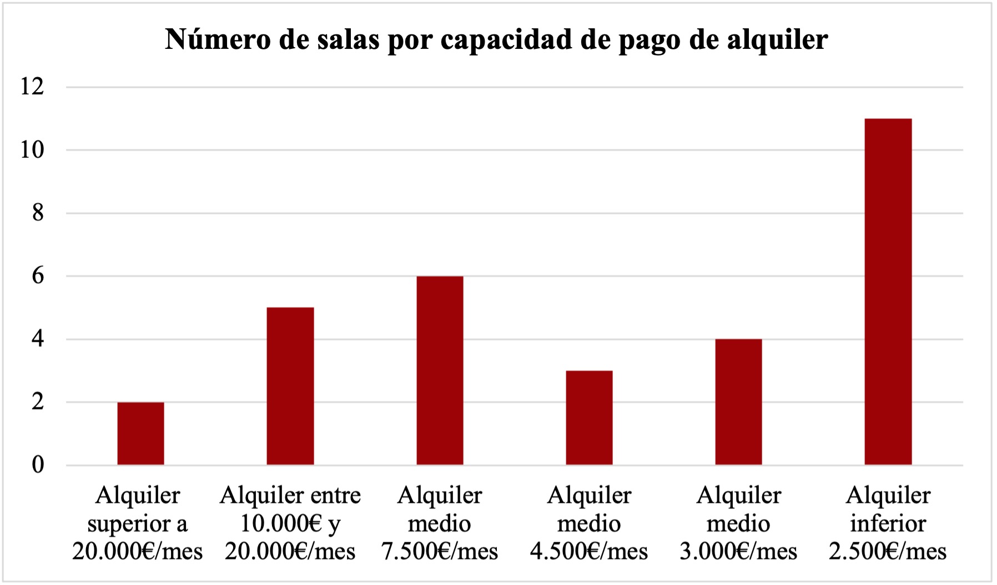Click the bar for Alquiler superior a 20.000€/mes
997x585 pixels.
click(140, 433)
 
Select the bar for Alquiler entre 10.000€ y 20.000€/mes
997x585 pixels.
click(290, 386)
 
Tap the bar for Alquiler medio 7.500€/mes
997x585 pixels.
click(440, 370)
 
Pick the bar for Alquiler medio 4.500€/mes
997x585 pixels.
click(589, 417)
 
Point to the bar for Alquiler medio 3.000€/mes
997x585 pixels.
click(738, 402)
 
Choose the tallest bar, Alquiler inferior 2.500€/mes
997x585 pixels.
click(888, 291)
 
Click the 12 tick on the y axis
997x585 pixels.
click(32, 87)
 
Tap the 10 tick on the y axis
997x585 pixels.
click(32, 150)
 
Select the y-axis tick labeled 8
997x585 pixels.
click(37, 213)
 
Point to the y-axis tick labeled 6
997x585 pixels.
click(37, 276)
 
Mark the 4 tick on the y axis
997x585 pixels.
click(37, 339)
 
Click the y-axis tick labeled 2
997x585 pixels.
click(37, 402)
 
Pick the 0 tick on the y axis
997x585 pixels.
click(37, 465)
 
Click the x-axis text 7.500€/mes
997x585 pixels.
click(440, 552)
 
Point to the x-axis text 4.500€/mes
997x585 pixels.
click(589, 552)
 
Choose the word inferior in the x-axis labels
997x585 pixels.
click(888, 523)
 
